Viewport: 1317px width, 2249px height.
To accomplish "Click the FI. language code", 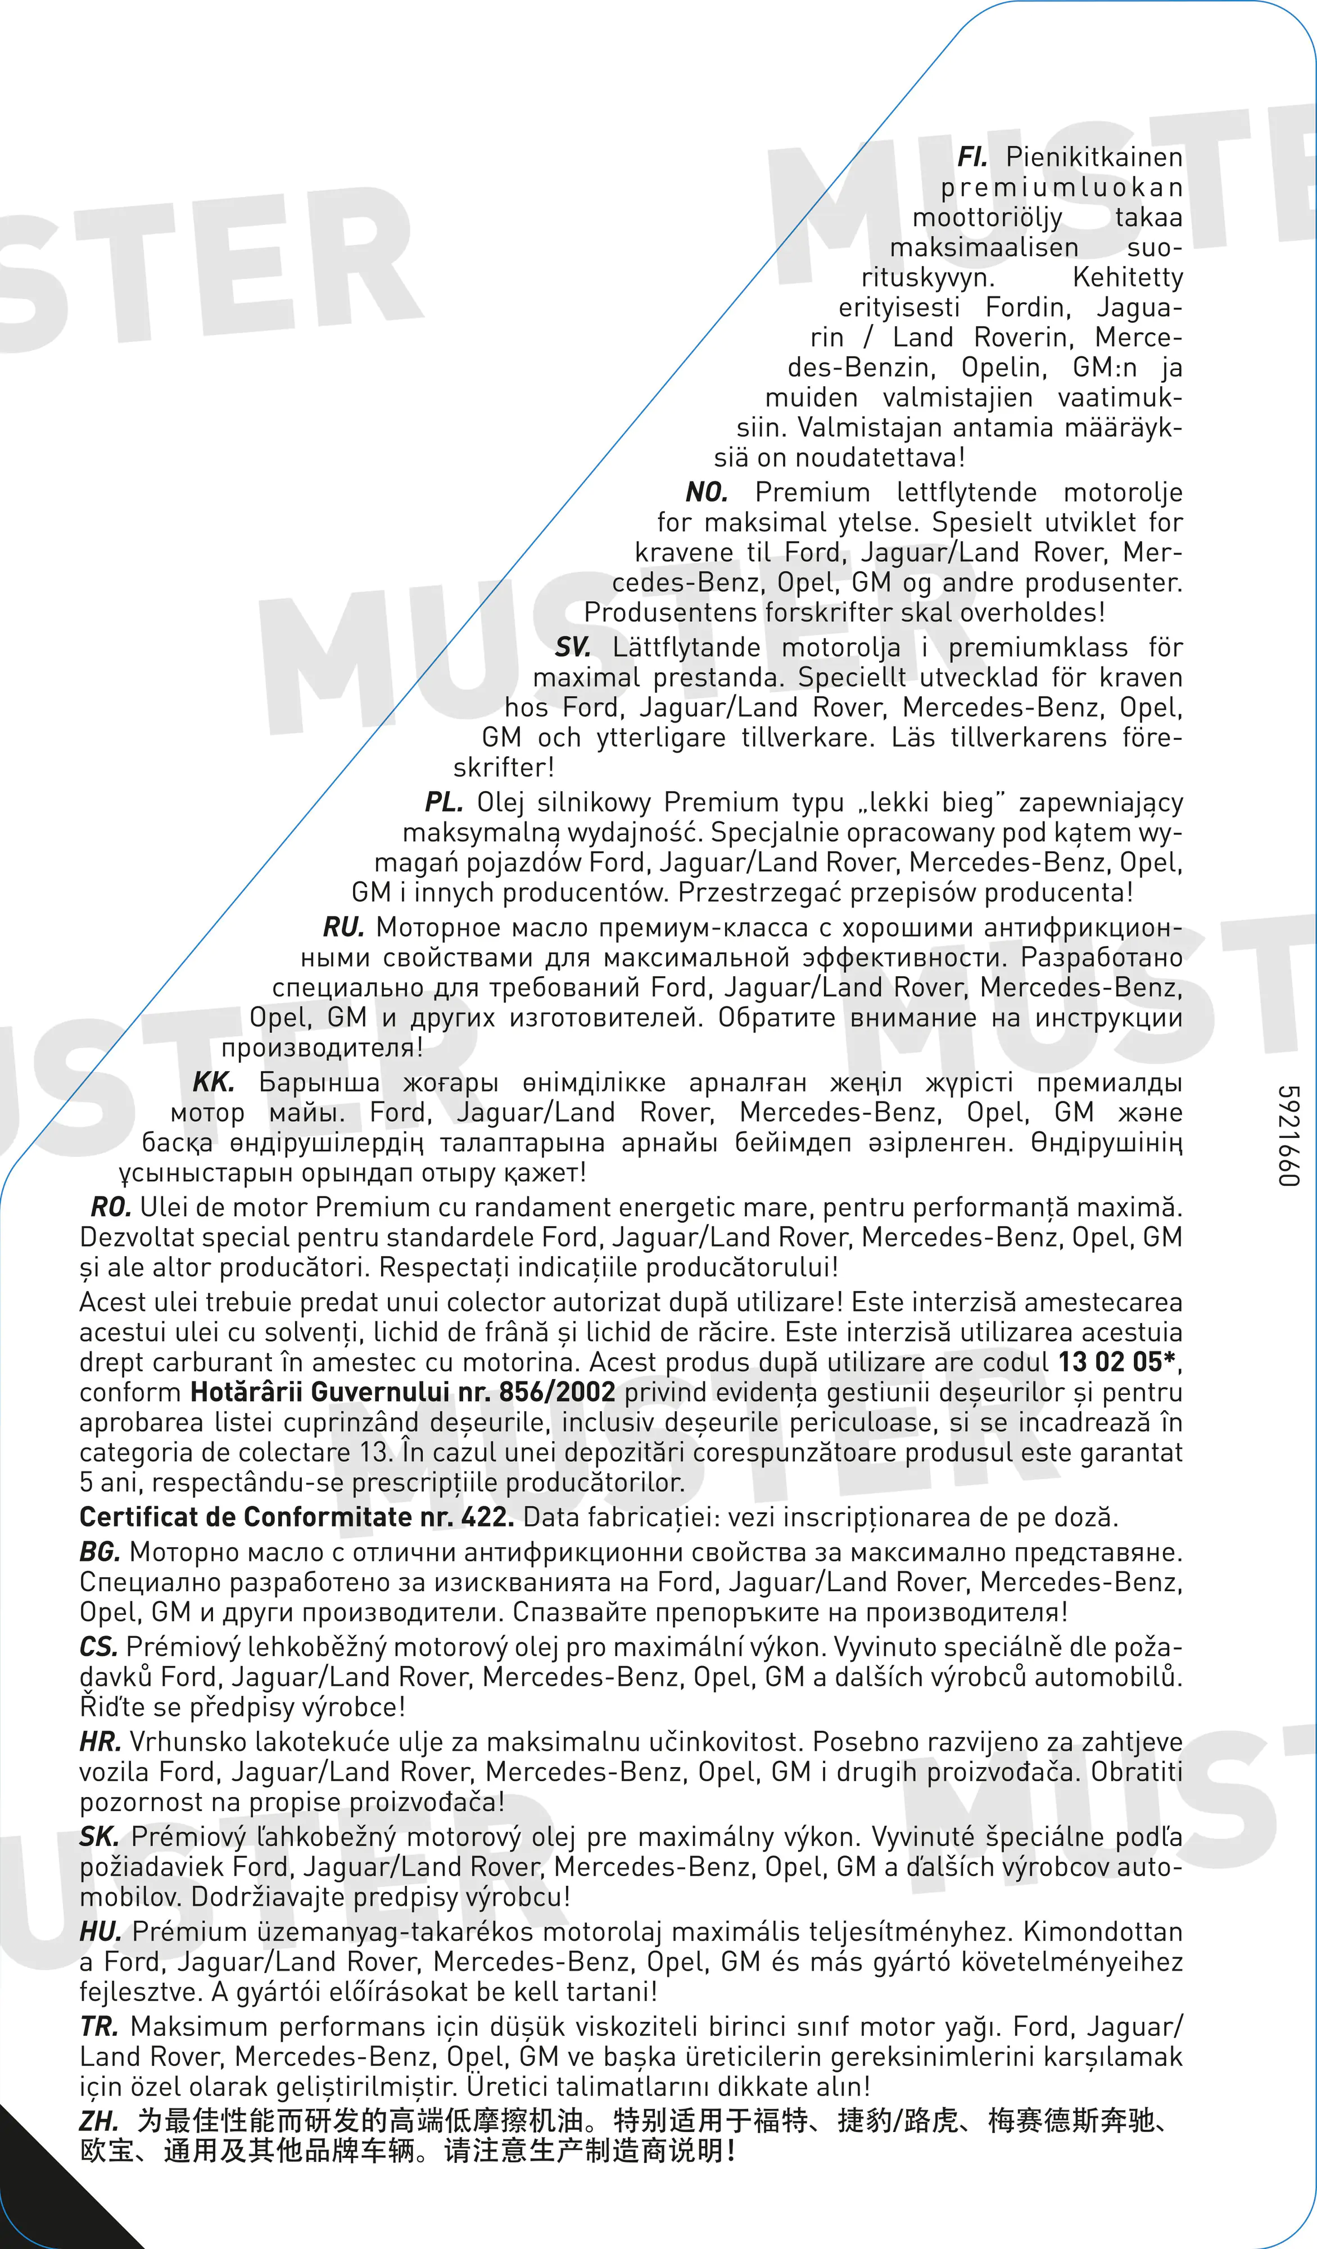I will [x=972, y=158].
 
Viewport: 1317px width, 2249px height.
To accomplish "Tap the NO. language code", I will [x=707, y=493].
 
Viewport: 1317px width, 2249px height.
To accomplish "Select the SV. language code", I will [x=573, y=648].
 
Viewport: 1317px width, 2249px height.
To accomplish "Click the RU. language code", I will [x=343, y=928].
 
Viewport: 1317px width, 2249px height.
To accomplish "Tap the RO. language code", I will [x=111, y=1208].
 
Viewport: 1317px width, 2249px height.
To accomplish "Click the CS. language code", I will [x=98, y=1647].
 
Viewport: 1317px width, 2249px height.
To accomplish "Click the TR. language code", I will [x=99, y=2027].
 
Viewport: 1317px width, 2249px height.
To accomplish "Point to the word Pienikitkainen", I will [x=1094, y=158].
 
